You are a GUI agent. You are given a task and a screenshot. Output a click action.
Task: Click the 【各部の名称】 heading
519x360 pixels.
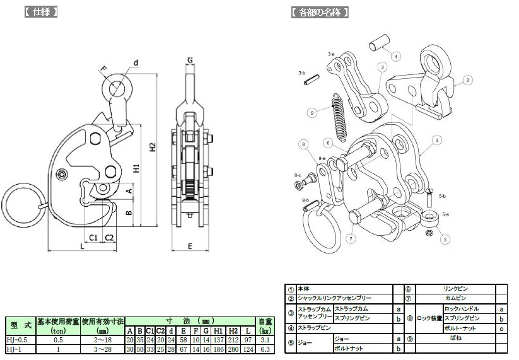click(x=320, y=12)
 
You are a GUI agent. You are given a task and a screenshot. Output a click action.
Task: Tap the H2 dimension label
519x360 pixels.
click(x=152, y=146)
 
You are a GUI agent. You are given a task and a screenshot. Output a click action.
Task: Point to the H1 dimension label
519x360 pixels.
click(x=137, y=168)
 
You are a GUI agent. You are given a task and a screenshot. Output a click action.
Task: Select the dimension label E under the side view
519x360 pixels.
click(x=189, y=246)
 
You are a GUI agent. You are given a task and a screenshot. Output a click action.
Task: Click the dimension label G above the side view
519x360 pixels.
click(x=189, y=61)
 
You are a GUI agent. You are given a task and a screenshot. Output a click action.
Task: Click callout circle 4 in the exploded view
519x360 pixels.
click(x=396, y=56)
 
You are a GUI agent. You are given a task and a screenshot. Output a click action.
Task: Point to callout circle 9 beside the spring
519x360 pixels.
click(x=312, y=112)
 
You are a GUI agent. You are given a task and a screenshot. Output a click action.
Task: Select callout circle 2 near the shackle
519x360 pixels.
click(x=467, y=80)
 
